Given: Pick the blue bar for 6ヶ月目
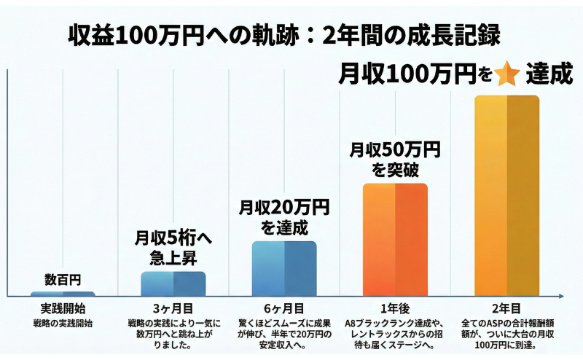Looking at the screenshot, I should coord(284,268).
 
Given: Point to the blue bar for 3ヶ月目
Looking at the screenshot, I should coord(173,283).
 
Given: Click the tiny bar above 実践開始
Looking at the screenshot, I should coord(63,294).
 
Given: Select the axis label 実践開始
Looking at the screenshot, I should coord(63,308).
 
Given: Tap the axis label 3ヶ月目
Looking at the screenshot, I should coord(173,308).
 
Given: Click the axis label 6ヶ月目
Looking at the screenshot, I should coord(284,308).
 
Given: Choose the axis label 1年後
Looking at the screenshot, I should coord(395,308).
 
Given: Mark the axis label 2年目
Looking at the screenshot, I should coord(506,308).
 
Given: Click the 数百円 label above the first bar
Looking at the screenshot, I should coord(63,279).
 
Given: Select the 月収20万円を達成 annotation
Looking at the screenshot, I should coord(284,216).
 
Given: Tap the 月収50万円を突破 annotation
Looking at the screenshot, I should coord(395,159).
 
